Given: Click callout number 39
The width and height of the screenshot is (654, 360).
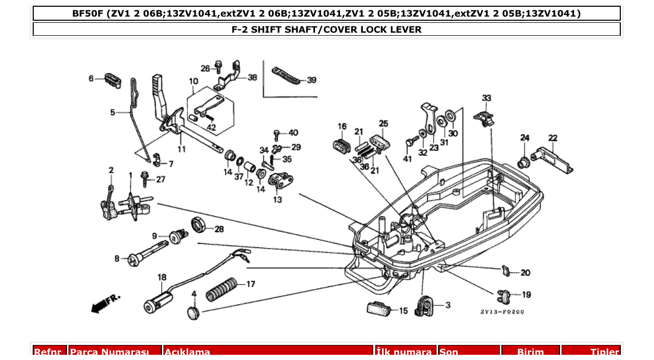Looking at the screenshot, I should pyautogui.click(x=311, y=80).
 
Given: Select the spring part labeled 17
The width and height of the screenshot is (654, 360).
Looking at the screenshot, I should pyautogui.click(x=222, y=289).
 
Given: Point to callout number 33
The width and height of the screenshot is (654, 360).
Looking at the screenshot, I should pyautogui.click(x=486, y=98).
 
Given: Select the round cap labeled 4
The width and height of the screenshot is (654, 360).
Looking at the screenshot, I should pyautogui.click(x=194, y=312).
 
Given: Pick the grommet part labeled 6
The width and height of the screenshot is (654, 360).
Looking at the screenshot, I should pyautogui.click(x=112, y=80).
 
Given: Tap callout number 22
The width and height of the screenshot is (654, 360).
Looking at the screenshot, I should pyautogui.click(x=553, y=138).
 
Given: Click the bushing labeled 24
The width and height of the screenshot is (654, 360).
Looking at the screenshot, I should pyautogui.click(x=524, y=162).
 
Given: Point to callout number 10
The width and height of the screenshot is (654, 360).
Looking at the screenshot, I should pyautogui.click(x=194, y=81).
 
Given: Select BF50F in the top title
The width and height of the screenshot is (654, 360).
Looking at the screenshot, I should pyautogui.click(x=88, y=13).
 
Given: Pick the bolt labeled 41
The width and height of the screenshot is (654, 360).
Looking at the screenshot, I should pyautogui.click(x=412, y=141).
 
